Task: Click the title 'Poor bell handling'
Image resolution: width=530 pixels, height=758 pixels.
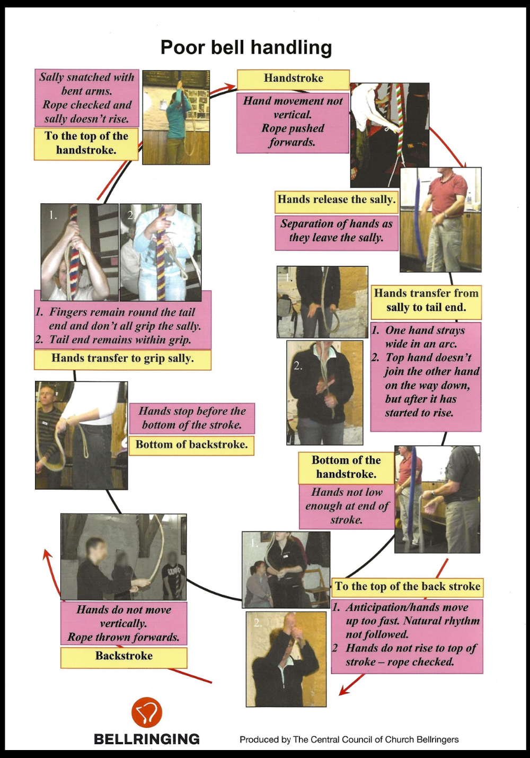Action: coord(246,48)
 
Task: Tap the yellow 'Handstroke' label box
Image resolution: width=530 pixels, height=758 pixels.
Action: coord(293,79)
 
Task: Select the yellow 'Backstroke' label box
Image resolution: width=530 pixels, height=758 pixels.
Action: coord(123,657)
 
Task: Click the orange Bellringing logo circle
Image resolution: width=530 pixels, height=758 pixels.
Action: coord(147,712)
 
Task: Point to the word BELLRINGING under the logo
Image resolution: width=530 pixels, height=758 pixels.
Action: coord(147,739)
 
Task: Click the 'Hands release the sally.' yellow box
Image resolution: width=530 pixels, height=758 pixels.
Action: coord(337,201)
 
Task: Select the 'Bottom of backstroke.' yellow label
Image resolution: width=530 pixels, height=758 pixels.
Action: coord(191,445)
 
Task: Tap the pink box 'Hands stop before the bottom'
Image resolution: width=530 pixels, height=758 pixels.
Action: coord(192,418)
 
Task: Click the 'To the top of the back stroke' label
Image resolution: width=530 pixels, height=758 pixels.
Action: coord(407,587)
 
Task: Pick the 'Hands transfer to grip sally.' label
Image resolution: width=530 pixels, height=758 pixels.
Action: coord(122,359)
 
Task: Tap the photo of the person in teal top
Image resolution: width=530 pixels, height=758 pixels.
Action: coord(176,117)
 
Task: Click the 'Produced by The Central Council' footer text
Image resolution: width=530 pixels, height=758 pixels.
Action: coord(349,740)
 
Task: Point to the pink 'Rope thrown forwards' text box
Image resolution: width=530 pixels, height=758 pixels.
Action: coord(123,624)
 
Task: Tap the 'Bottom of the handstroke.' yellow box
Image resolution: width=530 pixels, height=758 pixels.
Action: coord(346,467)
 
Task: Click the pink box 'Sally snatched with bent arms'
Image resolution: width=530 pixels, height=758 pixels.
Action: coord(86,98)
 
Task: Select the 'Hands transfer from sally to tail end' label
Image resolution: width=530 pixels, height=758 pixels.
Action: coord(426,301)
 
